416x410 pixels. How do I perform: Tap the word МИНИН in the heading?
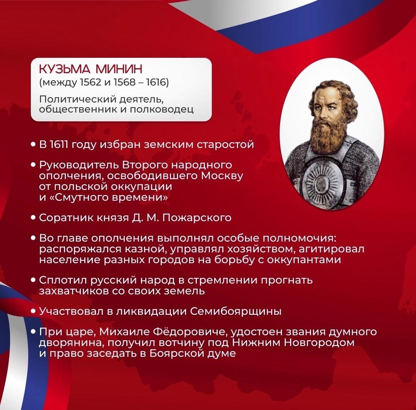point(119,69)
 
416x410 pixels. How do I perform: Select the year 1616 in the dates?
point(156,82)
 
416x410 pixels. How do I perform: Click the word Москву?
point(222,176)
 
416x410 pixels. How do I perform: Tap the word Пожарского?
point(197,218)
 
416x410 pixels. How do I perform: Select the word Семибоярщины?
point(236,311)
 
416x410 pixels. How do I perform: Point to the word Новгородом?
point(319,343)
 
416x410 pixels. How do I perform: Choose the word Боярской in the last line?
point(173,353)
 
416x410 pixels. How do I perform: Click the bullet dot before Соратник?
point(33,218)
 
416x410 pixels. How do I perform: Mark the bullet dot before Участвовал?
point(33,311)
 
